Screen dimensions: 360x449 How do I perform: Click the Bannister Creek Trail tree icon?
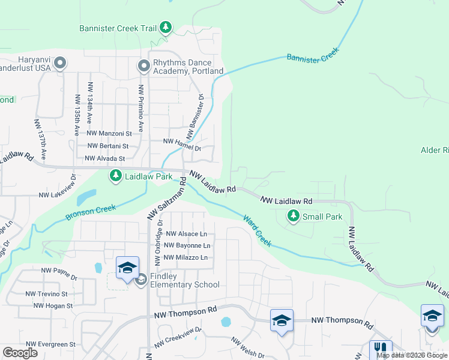click(x=166, y=28)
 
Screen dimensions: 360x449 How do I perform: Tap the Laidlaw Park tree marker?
click(x=115, y=176)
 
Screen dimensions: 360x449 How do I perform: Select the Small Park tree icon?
click(x=294, y=216)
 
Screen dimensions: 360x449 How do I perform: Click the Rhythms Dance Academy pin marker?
click(x=143, y=64)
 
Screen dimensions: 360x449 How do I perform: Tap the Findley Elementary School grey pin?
click(x=141, y=280)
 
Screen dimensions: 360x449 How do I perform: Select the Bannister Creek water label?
click(x=313, y=57)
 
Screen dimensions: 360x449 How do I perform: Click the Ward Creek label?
click(x=258, y=230)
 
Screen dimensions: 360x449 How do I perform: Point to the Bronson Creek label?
click(x=90, y=212)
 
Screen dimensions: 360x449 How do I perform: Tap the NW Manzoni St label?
click(x=109, y=133)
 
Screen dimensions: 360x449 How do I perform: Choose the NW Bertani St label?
click(x=108, y=146)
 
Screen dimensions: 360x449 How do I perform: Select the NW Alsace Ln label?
click(x=186, y=234)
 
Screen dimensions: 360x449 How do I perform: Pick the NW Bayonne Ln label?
click(x=187, y=245)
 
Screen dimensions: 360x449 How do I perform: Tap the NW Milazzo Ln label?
click(x=186, y=257)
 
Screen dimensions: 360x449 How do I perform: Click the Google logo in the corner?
click(x=20, y=353)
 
